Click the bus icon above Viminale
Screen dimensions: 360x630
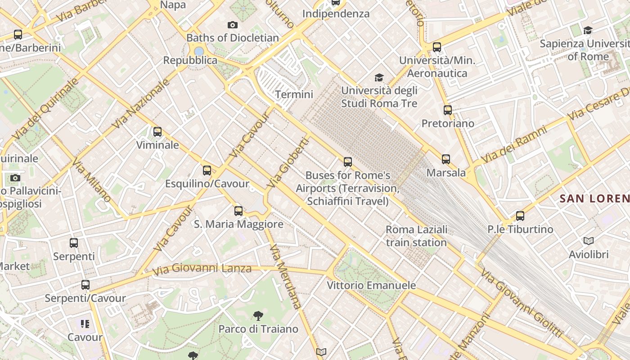tap(157, 132)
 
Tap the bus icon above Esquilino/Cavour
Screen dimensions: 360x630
tap(207, 171)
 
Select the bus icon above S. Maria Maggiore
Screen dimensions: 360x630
tap(238, 211)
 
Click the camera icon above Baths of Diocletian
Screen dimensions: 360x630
tap(233, 25)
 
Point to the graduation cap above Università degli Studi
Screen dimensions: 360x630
tap(379, 77)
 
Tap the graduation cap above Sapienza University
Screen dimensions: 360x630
tap(588, 31)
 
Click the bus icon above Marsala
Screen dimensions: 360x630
tap(446, 159)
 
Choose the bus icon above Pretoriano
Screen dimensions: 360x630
tap(448, 110)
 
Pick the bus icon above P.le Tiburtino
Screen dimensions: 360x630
tap(520, 216)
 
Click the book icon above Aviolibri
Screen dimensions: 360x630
tap(589, 241)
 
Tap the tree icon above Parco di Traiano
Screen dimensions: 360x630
tap(258, 315)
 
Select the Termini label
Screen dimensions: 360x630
tap(294, 94)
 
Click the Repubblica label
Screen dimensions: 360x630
tap(190, 60)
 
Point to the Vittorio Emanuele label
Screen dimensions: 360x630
tap(371, 285)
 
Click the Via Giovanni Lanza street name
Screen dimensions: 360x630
tap(202, 269)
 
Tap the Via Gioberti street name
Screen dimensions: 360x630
tap(288, 163)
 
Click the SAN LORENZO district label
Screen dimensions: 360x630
tap(594, 198)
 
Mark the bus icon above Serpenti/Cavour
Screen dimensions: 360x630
tap(85, 285)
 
